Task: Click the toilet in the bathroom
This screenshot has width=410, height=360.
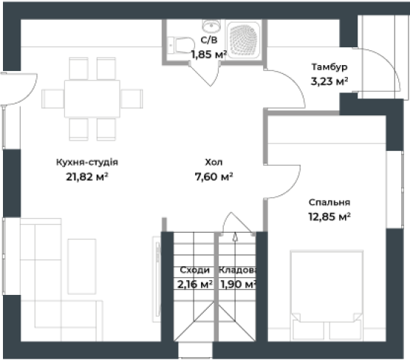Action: click(181, 46)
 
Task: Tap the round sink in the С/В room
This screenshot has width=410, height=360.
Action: click(211, 25)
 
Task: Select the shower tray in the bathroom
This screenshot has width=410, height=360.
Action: click(244, 40)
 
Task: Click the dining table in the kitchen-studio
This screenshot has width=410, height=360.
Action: click(92, 98)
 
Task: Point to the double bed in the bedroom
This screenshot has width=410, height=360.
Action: click(327, 296)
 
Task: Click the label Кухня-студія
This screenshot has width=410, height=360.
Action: click(87, 162)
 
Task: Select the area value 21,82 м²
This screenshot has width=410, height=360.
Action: click(87, 177)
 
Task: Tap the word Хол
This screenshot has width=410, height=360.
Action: click(213, 162)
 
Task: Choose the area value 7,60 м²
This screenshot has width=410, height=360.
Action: click(214, 177)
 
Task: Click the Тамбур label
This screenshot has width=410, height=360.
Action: click(329, 67)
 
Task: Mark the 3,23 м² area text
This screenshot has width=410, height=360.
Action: click(329, 81)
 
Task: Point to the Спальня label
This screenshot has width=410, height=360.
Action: click(329, 203)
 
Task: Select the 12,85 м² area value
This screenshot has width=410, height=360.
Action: click(329, 217)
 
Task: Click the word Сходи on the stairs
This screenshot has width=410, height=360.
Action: click(195, 270)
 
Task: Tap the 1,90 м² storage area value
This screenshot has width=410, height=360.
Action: click(238, 284)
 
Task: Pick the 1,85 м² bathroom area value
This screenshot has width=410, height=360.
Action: click(208, 55)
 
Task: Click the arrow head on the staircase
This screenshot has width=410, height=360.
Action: click(235, 237)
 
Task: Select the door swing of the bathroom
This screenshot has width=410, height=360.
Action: click(205, 74)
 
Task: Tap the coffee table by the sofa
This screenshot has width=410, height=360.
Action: click(82, 266)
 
